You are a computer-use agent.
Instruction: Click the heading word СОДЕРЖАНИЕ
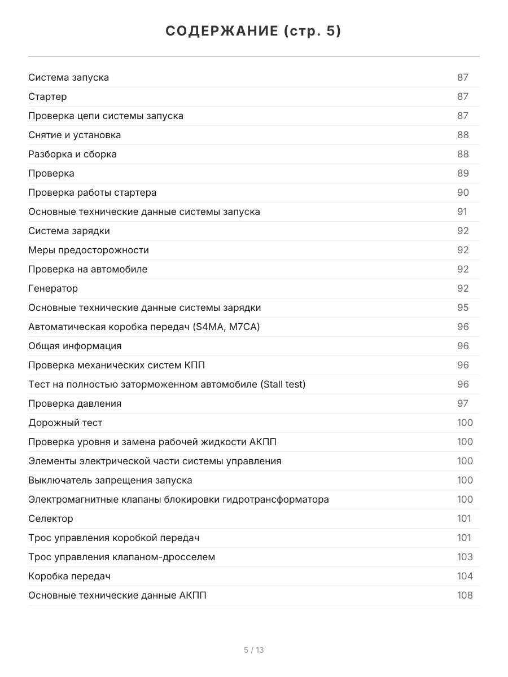(x=220, y=32)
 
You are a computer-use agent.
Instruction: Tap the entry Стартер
(x=47, y=96)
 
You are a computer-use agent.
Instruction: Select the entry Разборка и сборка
(x=72, y=154)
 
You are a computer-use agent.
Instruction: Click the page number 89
(x=463, y=173)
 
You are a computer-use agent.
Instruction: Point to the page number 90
(x=463, y=192)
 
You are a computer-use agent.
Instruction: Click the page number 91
(x=462, y=212)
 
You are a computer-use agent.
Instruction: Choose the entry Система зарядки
(x=69, y=231)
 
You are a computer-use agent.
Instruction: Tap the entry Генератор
(x=53, y=288)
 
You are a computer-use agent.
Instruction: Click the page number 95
(x=463, y=307)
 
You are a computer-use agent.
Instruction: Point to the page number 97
(x=463, y=403)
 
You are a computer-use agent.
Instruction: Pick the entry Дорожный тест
(x=65, y=423)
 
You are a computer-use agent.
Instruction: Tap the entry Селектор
(x=51, y=518)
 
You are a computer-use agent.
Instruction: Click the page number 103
(x=465, y=557)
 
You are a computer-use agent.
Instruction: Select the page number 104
(x=465, y=576)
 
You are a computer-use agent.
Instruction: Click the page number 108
(x=465, y=595)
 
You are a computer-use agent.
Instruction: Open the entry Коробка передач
(x=69, y=576)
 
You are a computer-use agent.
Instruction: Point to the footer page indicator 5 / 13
(x=254, y=650)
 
